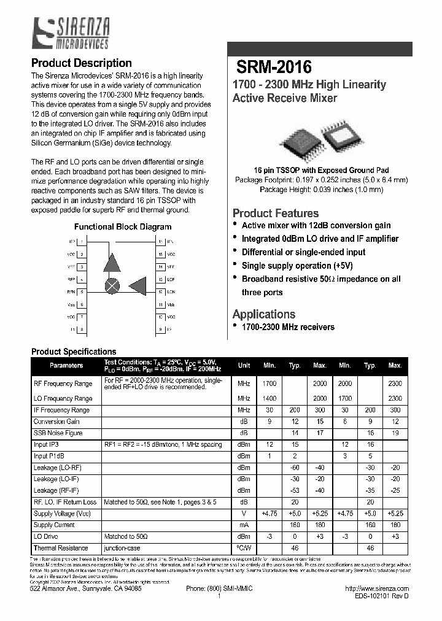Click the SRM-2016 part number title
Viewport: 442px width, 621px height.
click(274, 67)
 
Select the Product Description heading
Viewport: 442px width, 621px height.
click(81, 63)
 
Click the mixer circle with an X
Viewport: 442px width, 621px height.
click(113, 285)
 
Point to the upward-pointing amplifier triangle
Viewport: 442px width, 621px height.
click(112, 263)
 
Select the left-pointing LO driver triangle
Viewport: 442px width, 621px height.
click(139, 286)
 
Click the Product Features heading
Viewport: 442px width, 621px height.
click(275, 214)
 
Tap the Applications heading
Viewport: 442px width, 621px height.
click(263, 314)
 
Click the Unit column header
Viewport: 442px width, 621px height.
click(244, 365)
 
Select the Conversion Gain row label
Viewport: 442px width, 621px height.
click(56, 422)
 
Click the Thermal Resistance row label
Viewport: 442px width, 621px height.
click(61, 548)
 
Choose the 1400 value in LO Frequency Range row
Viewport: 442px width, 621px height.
click(269, 398)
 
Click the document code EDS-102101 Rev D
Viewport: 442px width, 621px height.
click(381, 596)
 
